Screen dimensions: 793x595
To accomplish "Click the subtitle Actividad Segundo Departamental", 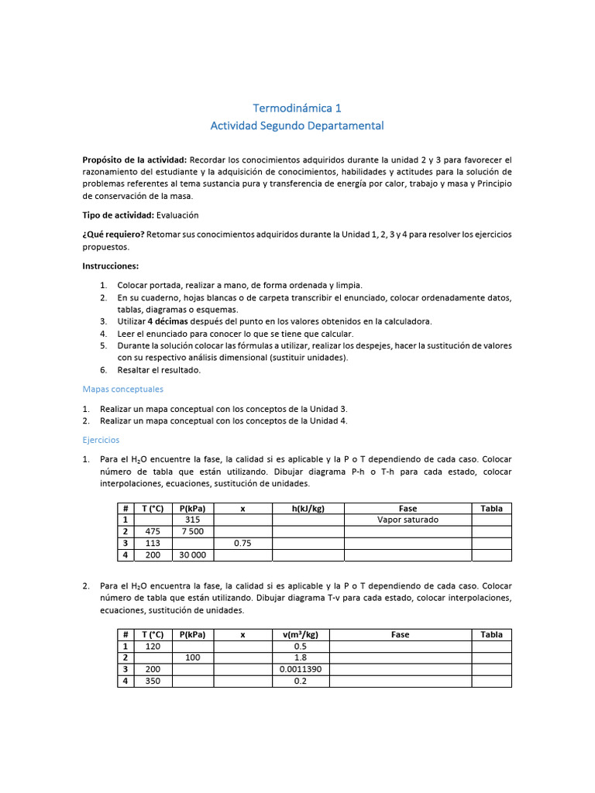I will click(x=297, y=125).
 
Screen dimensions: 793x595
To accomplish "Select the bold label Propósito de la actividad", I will click(x=134, y=159).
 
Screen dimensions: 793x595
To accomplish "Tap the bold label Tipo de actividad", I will click(x=118, y=215).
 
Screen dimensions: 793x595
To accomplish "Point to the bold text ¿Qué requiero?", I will click(x=113, y=234).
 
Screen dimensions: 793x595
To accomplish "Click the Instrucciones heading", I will click(x=111, y=266).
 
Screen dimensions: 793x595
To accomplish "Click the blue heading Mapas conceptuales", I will click(x=122, y=389).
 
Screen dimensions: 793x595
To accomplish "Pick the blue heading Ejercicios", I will click(x=101, y=439).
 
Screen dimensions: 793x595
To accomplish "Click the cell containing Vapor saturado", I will click(x=408, y=520).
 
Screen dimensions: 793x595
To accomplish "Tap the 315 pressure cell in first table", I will click(x=193, y=520).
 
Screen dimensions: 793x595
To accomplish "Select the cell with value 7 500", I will click(x=193, y=531).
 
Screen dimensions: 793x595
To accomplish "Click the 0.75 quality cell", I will click(x=242, y=544).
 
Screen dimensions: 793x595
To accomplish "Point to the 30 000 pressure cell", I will click(x=193, y=555).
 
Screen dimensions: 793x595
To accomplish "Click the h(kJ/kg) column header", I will click(x=308, y=508).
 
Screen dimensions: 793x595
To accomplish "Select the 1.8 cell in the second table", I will click(x=300, y=657).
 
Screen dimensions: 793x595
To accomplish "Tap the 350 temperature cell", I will click(x=153, y=681).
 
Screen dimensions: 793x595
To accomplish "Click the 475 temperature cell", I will click(x=153, y=531).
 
